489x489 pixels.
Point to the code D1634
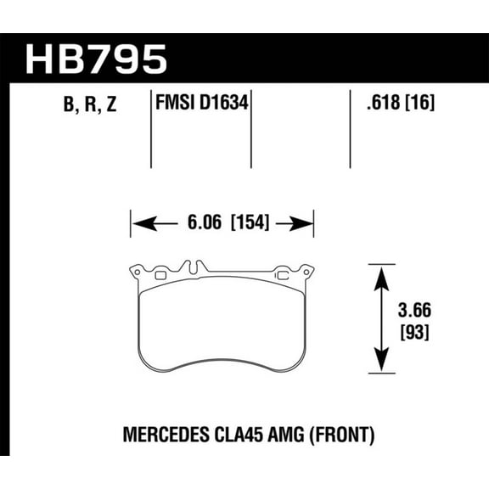coord(227,106)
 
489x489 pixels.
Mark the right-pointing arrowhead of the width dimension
coord(306,224)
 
